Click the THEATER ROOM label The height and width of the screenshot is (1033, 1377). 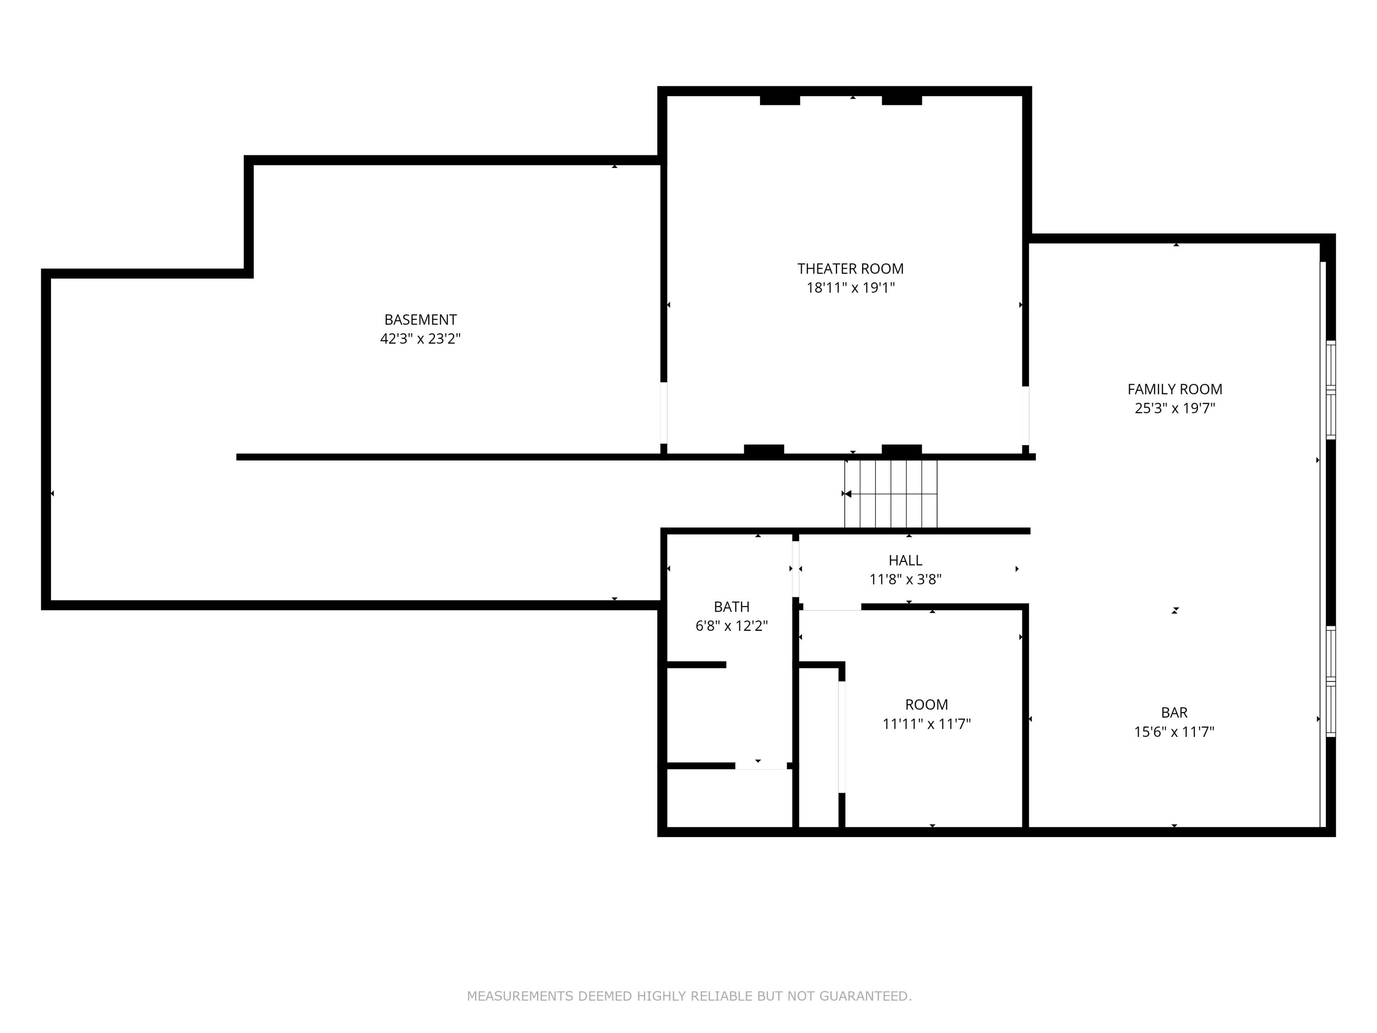point(851,269)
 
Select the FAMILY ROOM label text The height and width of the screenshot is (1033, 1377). point(1175,389)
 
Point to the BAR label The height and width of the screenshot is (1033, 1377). point(1174,713)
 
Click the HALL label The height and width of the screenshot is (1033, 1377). point(905,561)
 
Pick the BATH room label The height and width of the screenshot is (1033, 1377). point(732,606)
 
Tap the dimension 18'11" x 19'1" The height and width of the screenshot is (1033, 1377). point(851,288)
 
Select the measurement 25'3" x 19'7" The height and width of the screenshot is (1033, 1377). point(1175,409)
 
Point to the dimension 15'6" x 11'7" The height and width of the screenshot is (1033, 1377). point(1174,732)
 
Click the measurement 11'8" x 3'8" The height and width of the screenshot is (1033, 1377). point(905,580)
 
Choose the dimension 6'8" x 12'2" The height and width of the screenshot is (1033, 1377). point(732,626)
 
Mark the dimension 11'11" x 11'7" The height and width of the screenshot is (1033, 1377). point(926,724)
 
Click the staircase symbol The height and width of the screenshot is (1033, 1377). point(890,494)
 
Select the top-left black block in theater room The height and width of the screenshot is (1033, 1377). point(779,100)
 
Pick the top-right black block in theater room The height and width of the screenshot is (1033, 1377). point(901,100)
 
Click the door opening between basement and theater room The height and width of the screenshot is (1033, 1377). point(664,413)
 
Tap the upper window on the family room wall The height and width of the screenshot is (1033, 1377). point(1330,390)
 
